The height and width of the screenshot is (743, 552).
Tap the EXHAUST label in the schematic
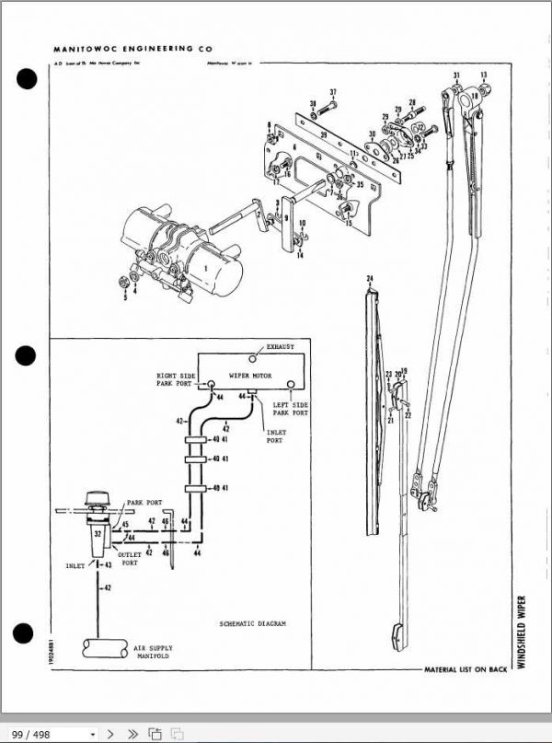(x=280, y=347)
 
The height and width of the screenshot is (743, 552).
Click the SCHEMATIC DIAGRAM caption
(x=253, y=623)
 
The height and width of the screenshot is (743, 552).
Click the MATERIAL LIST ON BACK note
(x=465, y=669)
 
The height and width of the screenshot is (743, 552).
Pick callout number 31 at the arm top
(x=455, y=74)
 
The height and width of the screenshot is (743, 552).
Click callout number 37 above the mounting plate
(x=333, y=92)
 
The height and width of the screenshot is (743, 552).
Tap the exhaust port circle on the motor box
(x=258, y=355)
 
